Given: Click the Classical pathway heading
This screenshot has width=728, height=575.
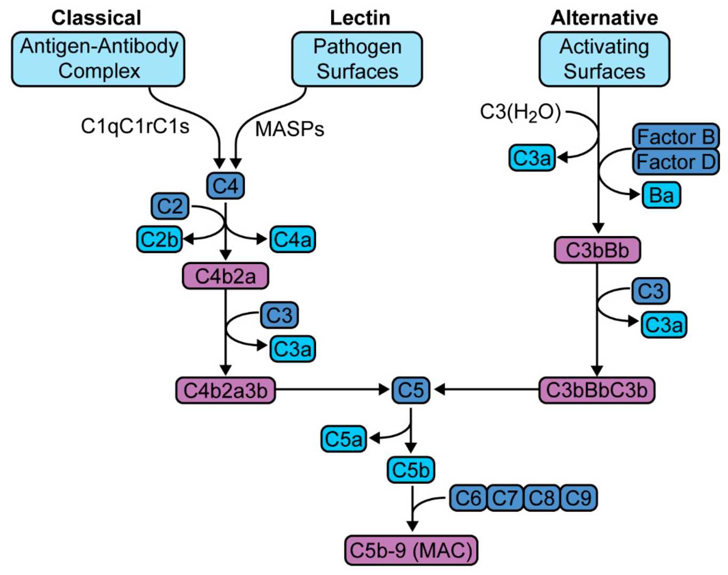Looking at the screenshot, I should tap(96, 18).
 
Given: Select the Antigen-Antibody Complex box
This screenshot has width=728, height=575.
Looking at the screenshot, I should tap(99, 59).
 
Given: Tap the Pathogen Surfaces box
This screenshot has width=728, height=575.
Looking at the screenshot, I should tap(357, 59).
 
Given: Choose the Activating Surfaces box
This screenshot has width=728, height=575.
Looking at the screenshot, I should tap(604, 59).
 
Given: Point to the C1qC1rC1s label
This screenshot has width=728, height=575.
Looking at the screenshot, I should tap(135, 126).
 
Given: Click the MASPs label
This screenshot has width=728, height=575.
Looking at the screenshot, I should tap(290, 129).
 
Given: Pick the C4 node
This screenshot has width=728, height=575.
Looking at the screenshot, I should tap(225, 186).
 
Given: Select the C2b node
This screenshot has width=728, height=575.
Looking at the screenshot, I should tap(159, 239).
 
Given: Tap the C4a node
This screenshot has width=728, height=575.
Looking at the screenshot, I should tap(292, 239).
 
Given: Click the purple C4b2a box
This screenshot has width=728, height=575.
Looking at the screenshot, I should tap(225, 276).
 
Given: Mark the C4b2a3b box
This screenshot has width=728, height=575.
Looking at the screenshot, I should tap(225, 390).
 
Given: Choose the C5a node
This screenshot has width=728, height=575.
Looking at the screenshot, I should tap(343, 439).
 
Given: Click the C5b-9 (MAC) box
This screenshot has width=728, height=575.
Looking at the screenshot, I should tap(411, 550).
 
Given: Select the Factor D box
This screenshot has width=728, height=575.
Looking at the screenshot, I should tap(676, 161).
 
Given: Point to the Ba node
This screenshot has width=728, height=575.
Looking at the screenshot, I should tap(661, 195).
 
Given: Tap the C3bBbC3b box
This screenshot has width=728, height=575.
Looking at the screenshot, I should tap(596, 390).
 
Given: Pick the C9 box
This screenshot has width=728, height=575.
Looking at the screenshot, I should tap(579, 498).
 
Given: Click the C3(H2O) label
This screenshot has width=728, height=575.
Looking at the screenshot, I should tap(520, 112).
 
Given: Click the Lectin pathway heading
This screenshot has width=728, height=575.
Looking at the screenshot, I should tap(360, 18).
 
